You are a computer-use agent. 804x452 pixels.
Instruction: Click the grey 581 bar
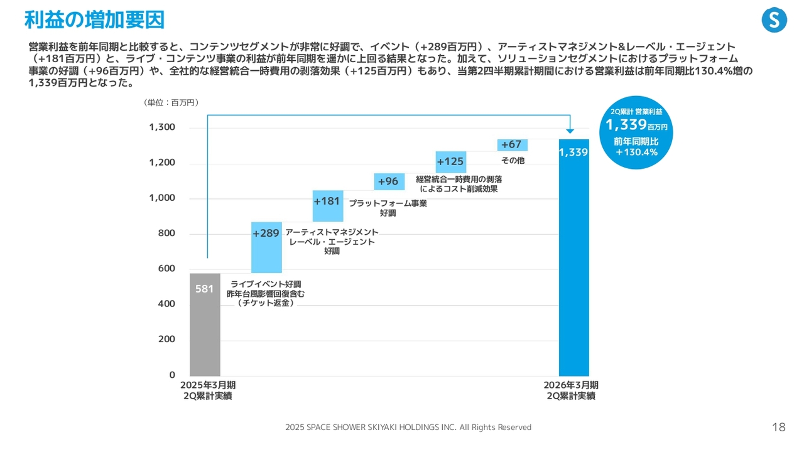[x=205, y=325]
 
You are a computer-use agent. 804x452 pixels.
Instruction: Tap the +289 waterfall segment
[x=266, y=247]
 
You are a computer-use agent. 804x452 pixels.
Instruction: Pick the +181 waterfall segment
[x=328, y=206]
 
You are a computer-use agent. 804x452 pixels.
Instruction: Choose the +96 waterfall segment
[x=389, y=181]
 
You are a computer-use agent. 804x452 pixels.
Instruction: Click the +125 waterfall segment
[x=451, y=162]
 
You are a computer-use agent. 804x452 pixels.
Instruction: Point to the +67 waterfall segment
[x=512, y=145]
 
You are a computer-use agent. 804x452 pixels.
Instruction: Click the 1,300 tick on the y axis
[x=162, y=127]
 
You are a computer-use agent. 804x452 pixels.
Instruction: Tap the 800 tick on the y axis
[x=166, y=234]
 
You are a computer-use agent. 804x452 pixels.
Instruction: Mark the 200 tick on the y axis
[x=166, y=340]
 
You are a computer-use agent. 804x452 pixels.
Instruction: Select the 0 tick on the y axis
[x=172, y=375]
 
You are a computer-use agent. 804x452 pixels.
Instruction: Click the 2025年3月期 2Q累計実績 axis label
[x=208, y=390]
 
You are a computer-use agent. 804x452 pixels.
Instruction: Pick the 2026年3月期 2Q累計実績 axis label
[x=571, y=390]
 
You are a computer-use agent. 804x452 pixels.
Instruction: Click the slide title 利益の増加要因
[x=94, y=20]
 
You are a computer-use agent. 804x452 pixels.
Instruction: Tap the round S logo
[x=774, y=20]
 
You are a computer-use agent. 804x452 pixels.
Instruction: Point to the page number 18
[x=778, y=428]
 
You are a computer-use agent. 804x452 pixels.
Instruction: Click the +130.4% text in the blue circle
[x=636, y=153]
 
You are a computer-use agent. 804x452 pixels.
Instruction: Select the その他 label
[x=513, y=161]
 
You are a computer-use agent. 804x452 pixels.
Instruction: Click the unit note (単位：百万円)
[x=171, y=102]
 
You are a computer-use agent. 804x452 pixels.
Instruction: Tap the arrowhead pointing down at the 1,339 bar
[x=570, y=131]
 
